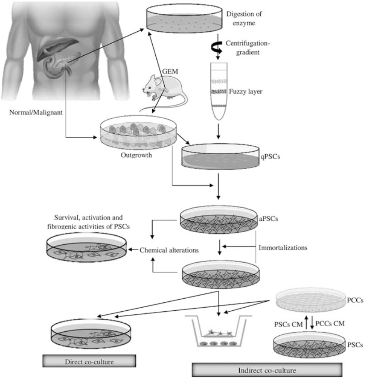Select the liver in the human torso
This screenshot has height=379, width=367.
pos(58,49)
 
